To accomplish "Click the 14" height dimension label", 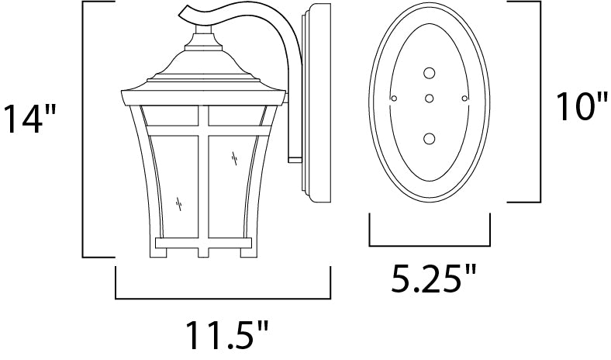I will click(29, 119).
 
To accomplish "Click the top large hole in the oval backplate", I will click(429, 73).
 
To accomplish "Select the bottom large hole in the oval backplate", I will click(429, 139).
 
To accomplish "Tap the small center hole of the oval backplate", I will click(429, 99).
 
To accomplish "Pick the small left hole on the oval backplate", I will click(395, 99).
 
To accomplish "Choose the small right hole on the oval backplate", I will click(464, 99).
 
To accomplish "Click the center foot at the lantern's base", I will click(204, 251).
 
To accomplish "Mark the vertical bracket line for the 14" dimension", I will click(83, 130).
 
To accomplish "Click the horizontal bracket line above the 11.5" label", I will click(223, 298).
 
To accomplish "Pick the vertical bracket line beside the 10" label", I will click(539, 101).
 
